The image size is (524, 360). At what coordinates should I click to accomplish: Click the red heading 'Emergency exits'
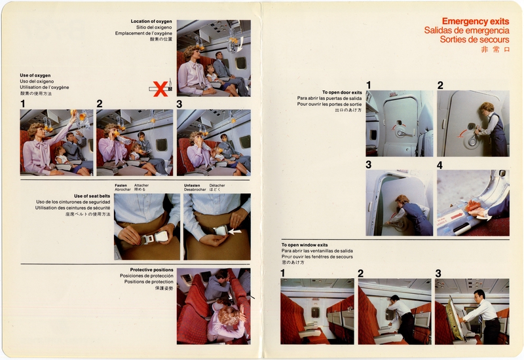tap(475, 21)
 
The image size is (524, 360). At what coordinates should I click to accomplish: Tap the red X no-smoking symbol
tap(160, 88)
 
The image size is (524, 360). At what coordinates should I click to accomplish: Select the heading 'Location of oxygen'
tap(151, 22)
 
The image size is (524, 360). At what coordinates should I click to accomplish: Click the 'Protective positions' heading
tap(151, 270)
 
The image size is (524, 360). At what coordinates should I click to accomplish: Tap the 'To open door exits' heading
tap(342, 92)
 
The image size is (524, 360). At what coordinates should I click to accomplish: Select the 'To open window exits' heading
tap(305, 244)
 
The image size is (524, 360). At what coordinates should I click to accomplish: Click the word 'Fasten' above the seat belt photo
tap(121, 185)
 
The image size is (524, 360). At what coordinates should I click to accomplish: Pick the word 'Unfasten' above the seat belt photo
tap(193, 185)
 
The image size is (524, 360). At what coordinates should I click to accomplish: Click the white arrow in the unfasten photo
tap(234, 230)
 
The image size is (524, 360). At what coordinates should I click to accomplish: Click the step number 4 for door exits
tap(440, 165)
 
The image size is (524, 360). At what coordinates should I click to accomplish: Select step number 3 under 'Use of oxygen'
tap(179, 103)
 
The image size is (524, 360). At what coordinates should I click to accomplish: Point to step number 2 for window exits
tap(360, 273)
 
